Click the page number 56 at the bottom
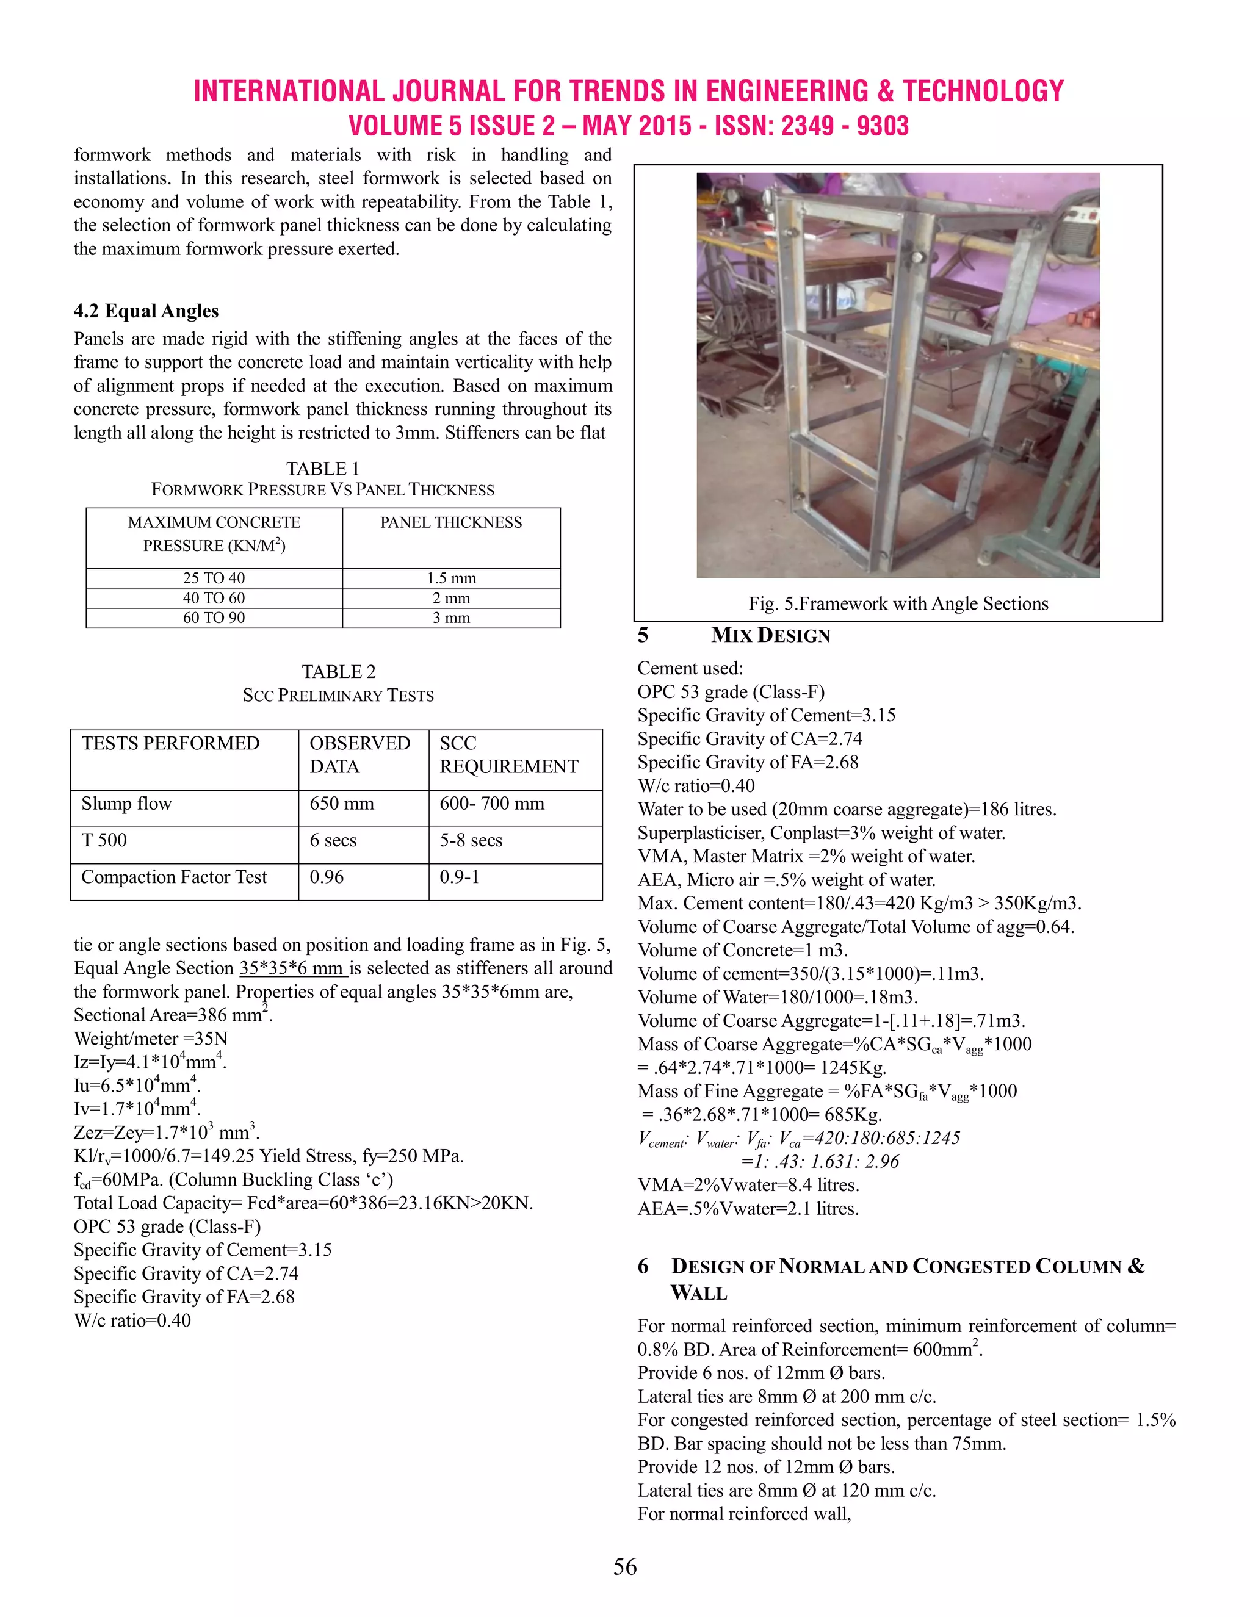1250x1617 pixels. [624, 1566]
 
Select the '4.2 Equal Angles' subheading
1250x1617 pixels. [146, 311]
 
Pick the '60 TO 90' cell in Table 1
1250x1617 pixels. [214, 618]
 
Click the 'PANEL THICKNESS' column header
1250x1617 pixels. [451, 523]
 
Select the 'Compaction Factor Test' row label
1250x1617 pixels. [173, 877]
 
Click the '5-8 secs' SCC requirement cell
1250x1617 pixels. [471, 840]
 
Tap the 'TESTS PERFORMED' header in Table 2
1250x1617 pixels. [170, 743]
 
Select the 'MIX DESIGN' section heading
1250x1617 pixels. [770, 636]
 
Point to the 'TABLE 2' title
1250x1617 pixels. [338, 672]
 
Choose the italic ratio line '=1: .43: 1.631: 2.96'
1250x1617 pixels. [820, 1162]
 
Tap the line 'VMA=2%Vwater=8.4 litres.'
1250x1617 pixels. [748, 1186]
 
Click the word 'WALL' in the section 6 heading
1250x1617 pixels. [698, 1294]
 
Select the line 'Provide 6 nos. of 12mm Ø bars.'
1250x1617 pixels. [761, 1374]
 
